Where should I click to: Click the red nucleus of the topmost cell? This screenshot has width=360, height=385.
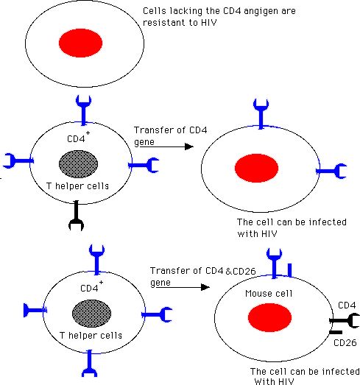[80, 43]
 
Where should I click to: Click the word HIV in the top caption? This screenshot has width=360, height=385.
[209, 23]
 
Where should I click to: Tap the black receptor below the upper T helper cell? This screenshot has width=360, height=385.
[76, 216]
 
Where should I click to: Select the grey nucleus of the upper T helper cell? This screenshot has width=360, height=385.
[78, 164]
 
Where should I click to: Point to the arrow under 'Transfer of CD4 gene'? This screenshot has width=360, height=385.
[166, 146]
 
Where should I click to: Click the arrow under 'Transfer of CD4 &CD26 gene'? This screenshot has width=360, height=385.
[183, 287]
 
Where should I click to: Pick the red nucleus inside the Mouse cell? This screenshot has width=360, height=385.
[269, 317]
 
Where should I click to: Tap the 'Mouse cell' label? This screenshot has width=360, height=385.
[269, 294]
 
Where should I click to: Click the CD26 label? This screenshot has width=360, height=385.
[345, 343]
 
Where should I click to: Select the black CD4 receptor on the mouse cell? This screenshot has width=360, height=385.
[345, 320]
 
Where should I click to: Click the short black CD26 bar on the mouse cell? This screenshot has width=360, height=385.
[336, 333]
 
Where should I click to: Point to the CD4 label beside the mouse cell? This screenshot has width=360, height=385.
[347, 305]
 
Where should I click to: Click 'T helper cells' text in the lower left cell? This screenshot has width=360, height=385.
[91, 336]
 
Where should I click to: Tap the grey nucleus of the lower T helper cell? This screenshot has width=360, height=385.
[91, 314]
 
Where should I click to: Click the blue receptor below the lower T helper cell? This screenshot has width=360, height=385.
[89, 363]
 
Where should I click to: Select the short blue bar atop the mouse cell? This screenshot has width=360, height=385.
[290, 270]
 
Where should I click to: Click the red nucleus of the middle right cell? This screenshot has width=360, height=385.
[257, 168]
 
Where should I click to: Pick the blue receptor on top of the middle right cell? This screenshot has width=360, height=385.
[261, 113]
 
